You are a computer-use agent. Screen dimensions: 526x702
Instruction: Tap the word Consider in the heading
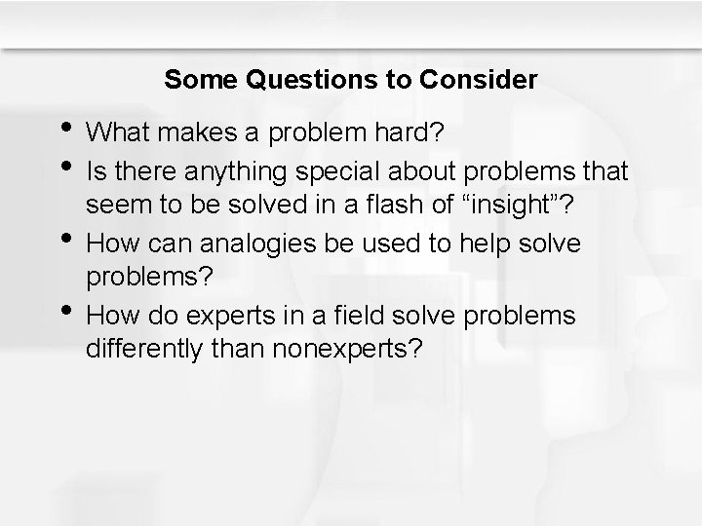click(x=484, y=80)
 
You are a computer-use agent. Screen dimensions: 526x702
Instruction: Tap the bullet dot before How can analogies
click(x=64, y=239)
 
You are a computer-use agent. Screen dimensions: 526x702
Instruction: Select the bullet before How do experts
click(x=64, y=310)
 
